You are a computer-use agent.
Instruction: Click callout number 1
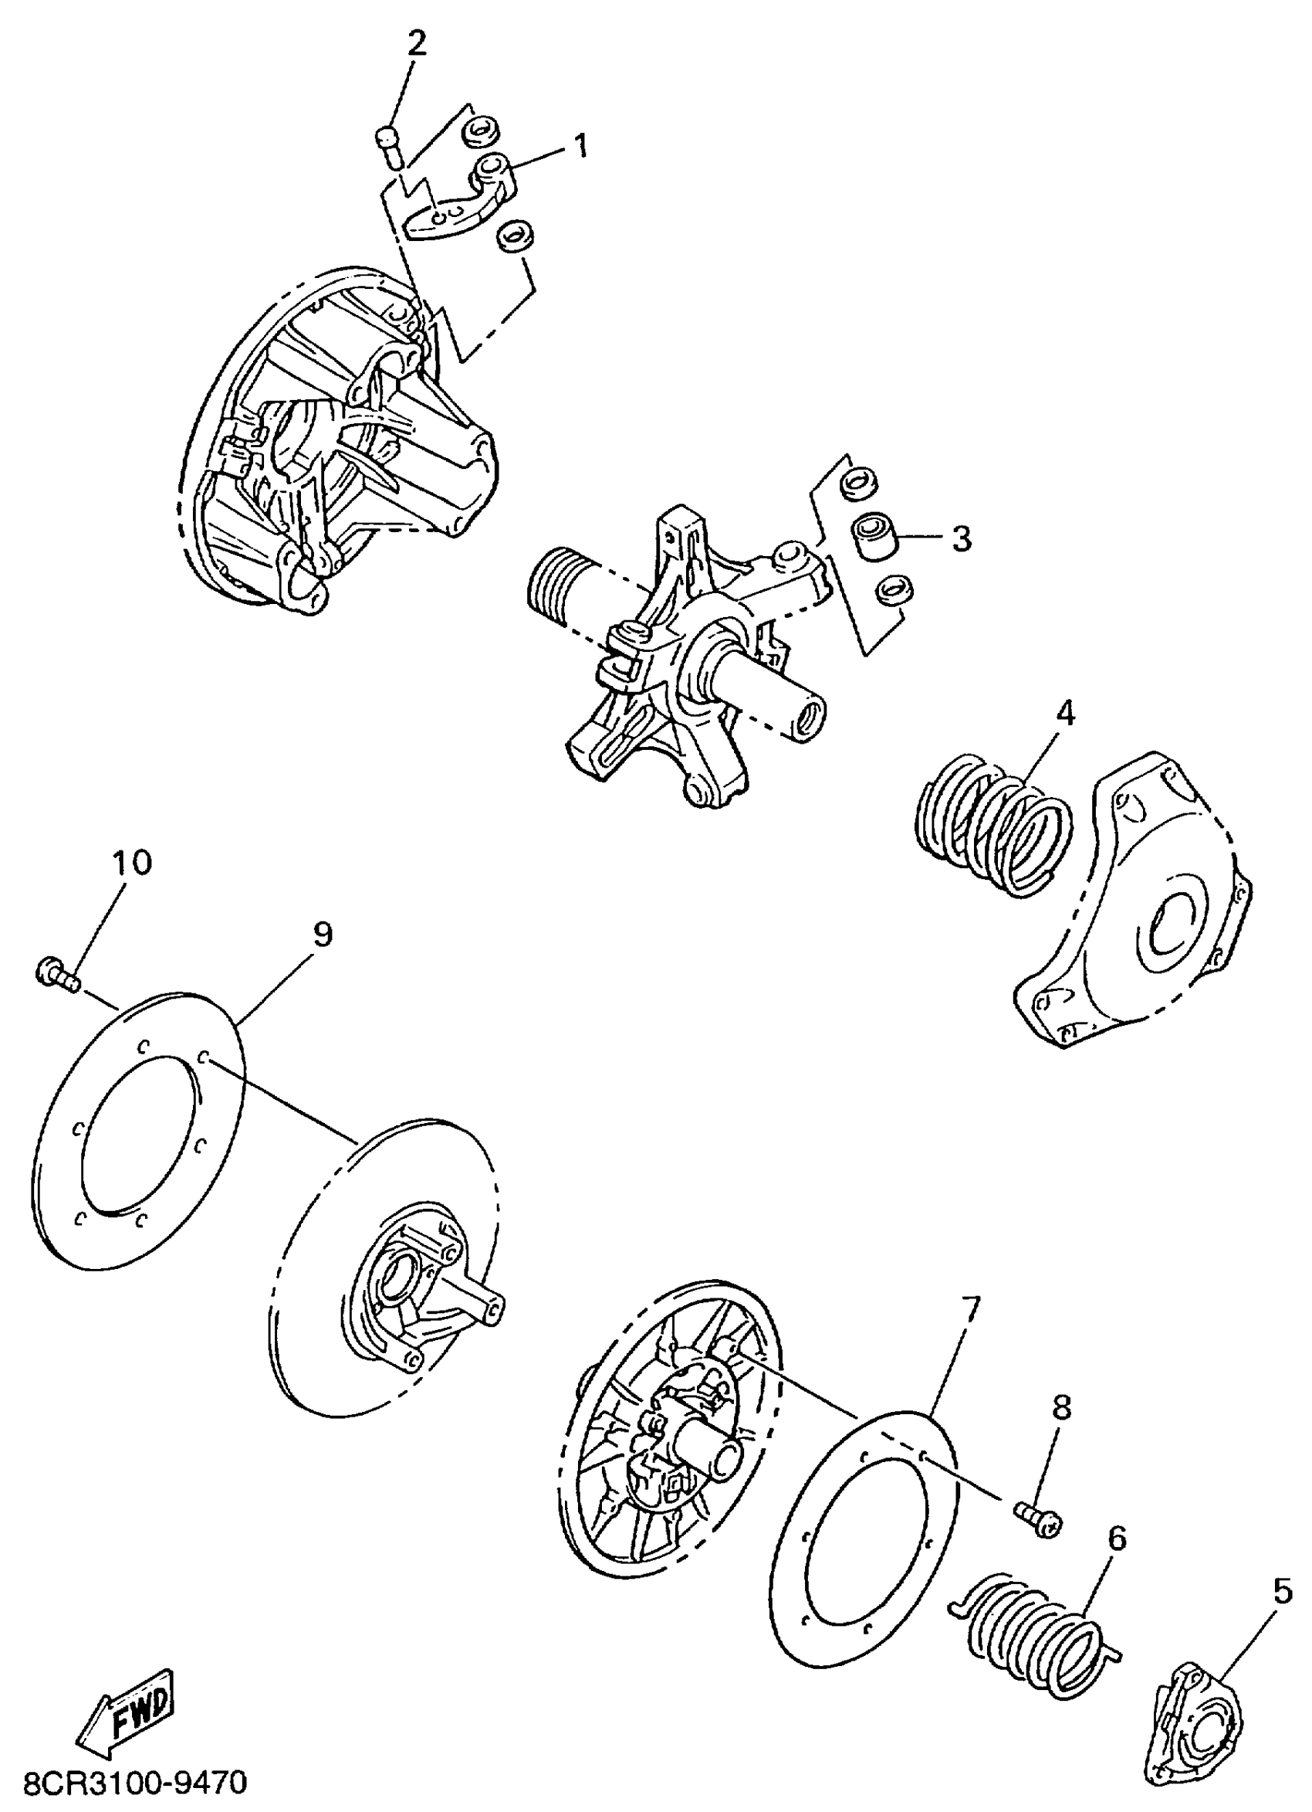pyautogui.click(x=581, y=146)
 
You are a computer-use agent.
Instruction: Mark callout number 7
pyautogui.click(x=969, y=1308)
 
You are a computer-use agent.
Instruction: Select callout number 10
pyautogui.click(x=132, y=863)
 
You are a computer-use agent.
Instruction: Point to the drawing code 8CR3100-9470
pyautogui.click(x=136, y=1783)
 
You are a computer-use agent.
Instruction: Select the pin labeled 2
pyautogui.click(x=389, y=148)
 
